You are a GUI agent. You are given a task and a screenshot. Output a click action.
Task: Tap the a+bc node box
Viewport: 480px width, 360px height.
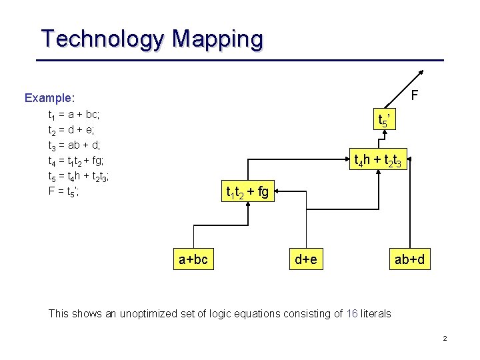(x=193, y=259)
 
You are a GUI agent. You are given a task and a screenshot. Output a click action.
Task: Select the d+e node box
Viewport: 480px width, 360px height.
(x=306, y=259)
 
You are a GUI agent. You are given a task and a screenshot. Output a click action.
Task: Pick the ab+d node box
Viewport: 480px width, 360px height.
(x=409, y=259)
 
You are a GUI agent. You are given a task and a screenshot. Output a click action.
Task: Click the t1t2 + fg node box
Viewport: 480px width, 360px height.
(x=247, y=193)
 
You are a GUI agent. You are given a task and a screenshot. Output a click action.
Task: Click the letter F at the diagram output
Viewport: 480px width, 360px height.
(x=414, y=95)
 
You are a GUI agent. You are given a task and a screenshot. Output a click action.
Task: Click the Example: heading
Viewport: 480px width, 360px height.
(x=50, y=98)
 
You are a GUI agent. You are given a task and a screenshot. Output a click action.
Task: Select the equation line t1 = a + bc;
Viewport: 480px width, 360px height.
(x=73, y=115)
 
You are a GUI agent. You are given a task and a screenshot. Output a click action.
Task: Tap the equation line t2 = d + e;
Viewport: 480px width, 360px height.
(x=73, y=130)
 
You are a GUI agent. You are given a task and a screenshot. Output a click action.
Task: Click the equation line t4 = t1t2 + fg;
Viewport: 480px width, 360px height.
(x=76, y=161)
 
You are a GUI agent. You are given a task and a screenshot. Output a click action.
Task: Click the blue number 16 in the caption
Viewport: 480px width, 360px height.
(x=353, y=313)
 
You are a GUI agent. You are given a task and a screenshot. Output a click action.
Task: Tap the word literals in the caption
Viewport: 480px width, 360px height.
(x=375, y=313)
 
